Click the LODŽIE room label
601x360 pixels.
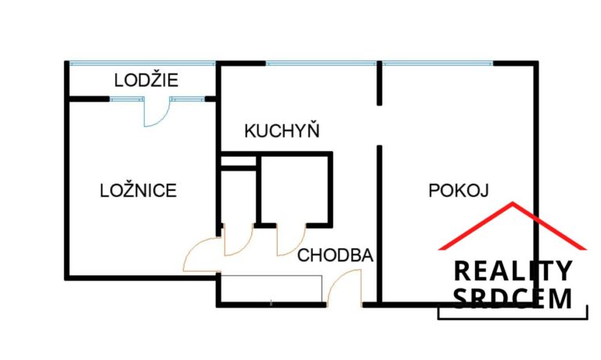[x=146, y=80]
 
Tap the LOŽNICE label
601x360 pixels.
[x=139, y=190]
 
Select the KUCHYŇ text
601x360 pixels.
[x=282, y=131]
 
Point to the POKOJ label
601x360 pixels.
[x=459, y=190]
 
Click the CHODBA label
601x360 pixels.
[x=335, y=255]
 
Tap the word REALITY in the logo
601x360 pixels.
[x=513, y=271]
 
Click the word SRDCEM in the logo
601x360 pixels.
[x=513, y=298]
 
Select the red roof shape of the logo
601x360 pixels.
[x=513, y=226]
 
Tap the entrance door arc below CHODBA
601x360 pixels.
[x=344, y=287]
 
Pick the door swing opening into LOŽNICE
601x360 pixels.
[x=202, y=254]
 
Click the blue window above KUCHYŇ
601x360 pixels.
[x=321, y=63]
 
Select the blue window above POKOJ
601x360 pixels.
[x=437, y=63]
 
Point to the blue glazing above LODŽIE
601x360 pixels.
[x=142, y=63]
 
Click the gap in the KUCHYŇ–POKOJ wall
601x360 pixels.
[x=380, y=125]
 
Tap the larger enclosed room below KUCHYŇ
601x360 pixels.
[x=294, y=189]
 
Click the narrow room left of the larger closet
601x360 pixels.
[x=239, y=196]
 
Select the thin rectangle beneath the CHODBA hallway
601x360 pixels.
[x=272, y=289]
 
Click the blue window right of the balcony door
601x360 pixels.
[x=187, y=99]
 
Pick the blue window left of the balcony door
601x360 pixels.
[x=127, y=99]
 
